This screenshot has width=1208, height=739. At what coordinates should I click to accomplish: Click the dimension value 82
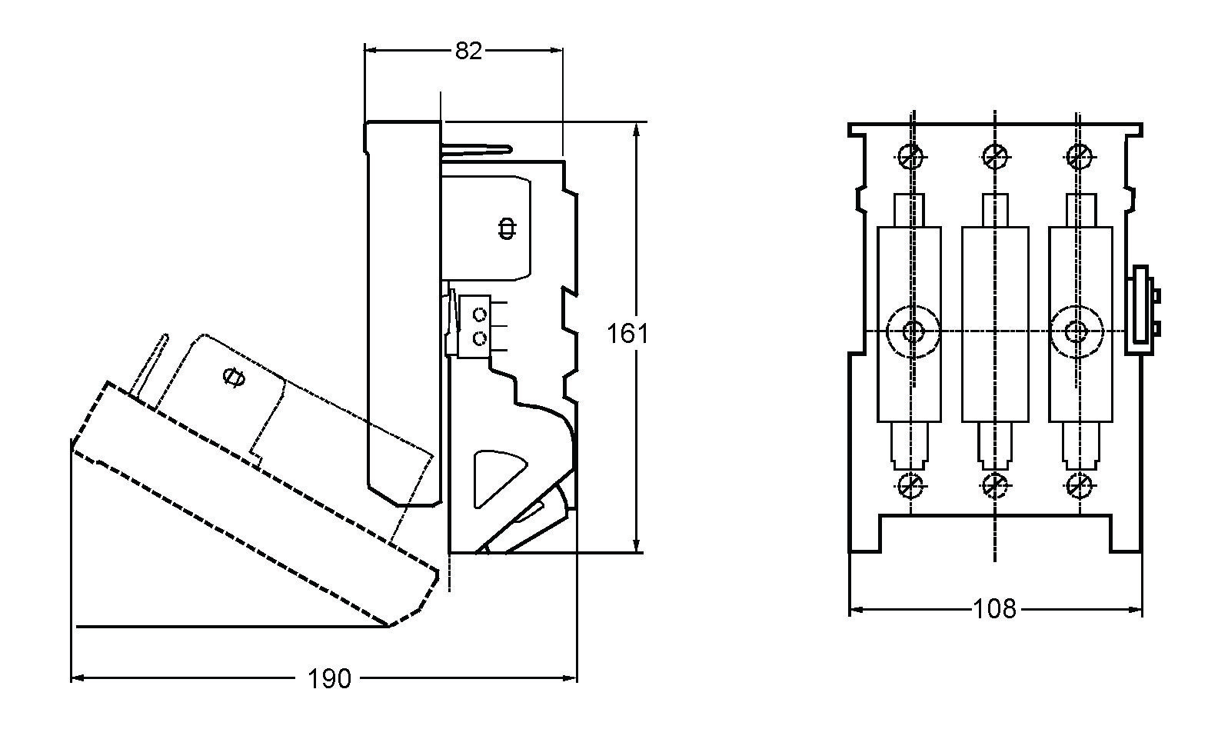click(468, 51)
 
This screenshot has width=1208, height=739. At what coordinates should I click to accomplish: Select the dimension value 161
click(627, 334)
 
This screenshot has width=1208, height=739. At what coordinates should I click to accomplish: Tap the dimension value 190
click(329, 678)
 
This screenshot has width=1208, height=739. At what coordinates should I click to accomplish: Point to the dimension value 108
click(994, 609)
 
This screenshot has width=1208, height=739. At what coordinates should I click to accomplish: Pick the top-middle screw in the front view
click(995, 157)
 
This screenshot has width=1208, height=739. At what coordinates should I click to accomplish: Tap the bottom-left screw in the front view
click(910, 485)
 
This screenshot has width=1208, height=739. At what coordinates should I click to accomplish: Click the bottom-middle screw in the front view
click(995, 485)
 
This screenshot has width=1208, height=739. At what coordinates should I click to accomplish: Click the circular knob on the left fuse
click(913, 331)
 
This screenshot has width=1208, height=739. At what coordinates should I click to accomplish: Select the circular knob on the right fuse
click(1077, 331)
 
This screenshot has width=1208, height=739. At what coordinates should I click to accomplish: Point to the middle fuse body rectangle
click(995, 324)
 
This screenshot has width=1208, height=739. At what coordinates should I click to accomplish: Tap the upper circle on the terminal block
click(480, 315)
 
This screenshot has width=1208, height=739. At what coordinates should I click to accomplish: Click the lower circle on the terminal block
click(480, 338)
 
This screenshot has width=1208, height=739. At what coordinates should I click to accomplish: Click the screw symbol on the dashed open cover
click(233, 377)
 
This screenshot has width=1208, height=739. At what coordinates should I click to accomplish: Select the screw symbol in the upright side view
click(507, 228)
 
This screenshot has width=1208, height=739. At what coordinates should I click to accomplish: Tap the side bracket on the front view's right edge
click(1141, 310)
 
